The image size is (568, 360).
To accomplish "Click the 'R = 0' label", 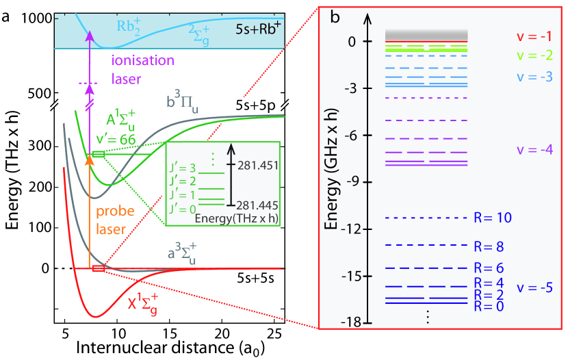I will click(490, 306).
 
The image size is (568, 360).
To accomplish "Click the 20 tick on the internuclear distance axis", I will click(221, 335).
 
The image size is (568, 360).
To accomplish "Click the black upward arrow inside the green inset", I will click(231, 174).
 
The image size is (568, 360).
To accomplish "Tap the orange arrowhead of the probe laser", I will click(90, 160).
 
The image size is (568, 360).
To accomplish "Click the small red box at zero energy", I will click(99, 268).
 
